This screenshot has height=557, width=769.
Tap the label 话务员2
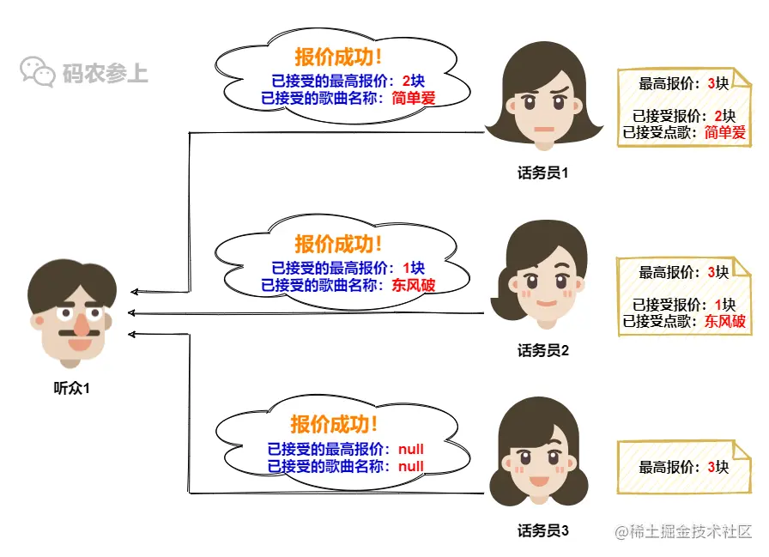[x=542, y=350]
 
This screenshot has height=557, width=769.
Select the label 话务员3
[x=542, y=530]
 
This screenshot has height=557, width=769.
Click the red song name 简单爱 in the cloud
[x=414, y=98]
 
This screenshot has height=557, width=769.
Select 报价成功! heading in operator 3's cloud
[x=335, y=424]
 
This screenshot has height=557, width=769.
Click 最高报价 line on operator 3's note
[x=684, y=467]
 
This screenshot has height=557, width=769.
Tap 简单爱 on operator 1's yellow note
[x=725, y=132]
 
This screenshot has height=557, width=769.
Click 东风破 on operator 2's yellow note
[x=725, y=322]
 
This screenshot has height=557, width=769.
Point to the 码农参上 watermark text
[x=105, y=73]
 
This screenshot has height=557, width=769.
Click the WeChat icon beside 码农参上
[x=39, y=72]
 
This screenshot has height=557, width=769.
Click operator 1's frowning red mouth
[x=542, y=130]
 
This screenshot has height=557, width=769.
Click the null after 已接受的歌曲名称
[x=410, y=466]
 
